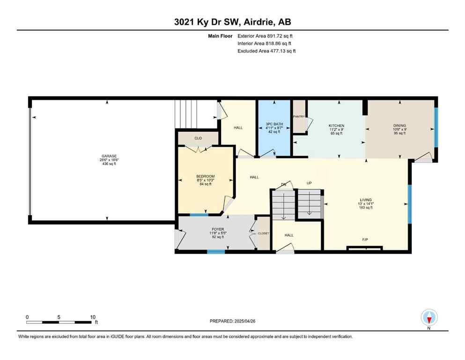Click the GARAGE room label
pyautogui.click(x=109, y=156)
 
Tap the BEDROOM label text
pyautogui.click(x=205, y=176)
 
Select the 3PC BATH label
pyautogui.click(x=273, y=124)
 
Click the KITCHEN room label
pyautogui.click(x=336, y=126)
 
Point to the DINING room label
pyautogui.click(x=399, y=126)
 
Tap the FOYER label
pyautogui.click(x=216, y=229)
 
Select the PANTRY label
pyautogui.click(x=299, y=116)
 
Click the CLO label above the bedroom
pyautogui.click(x=198, y=138)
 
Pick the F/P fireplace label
pyautogui.click(x=365, y=240)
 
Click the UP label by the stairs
pyautogui.click(x=309, y=183)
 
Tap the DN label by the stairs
pyautogui.click(x=283, y=183)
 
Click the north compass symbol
pyautogui.click(x=429, y=317)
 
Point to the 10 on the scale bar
pyautogui.click(x=93, y=317)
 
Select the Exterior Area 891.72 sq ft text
pyautogui.click(x=266, y=36)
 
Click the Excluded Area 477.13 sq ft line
pyautogui.click(x=266, y=51)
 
